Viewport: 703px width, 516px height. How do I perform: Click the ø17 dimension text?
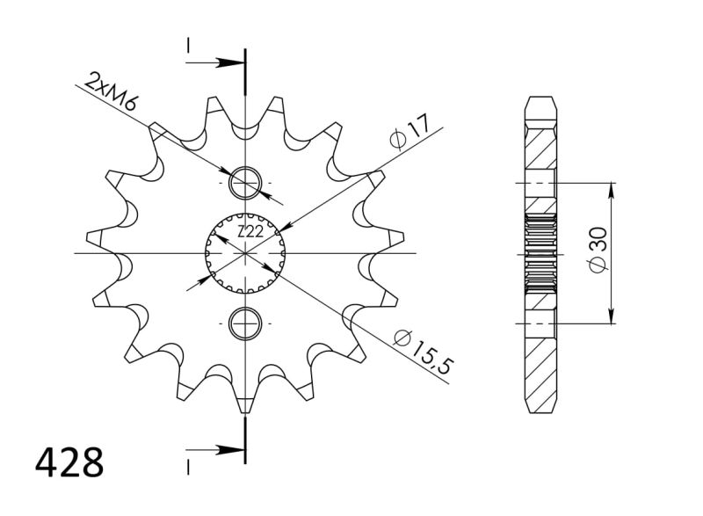[x=409, y=132]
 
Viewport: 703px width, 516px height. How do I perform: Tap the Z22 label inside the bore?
[x=250, y=232]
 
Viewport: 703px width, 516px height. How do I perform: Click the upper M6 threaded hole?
[x=245, y=184]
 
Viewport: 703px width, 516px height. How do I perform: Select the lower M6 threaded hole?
[x=245, y=323]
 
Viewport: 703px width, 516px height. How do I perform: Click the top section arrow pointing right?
[x=227, y=63]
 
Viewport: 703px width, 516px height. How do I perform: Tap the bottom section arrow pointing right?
[x=227, y=451]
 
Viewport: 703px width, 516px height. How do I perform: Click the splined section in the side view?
[x=540, y=254]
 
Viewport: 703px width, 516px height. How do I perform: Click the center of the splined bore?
[x=245, y=253]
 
